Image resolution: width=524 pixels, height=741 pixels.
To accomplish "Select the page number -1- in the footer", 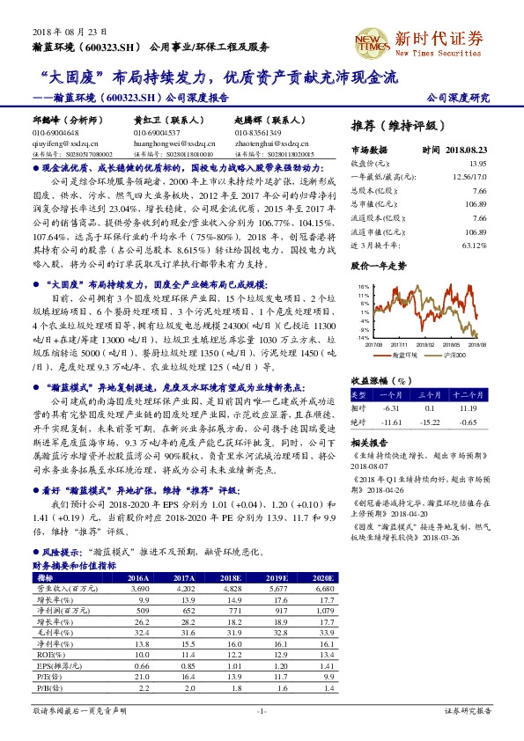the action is [261, 710].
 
